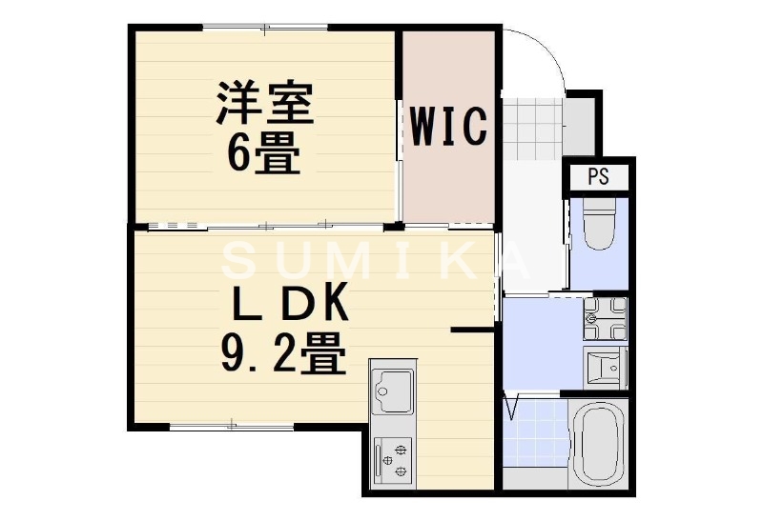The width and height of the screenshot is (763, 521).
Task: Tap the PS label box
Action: [598, 176]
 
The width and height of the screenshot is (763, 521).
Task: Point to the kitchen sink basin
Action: [392, 389]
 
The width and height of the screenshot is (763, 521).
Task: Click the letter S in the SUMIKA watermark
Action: [242, 259]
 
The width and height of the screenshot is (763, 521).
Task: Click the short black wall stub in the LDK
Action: [471, 331]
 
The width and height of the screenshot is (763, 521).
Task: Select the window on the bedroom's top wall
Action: [265, 30]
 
